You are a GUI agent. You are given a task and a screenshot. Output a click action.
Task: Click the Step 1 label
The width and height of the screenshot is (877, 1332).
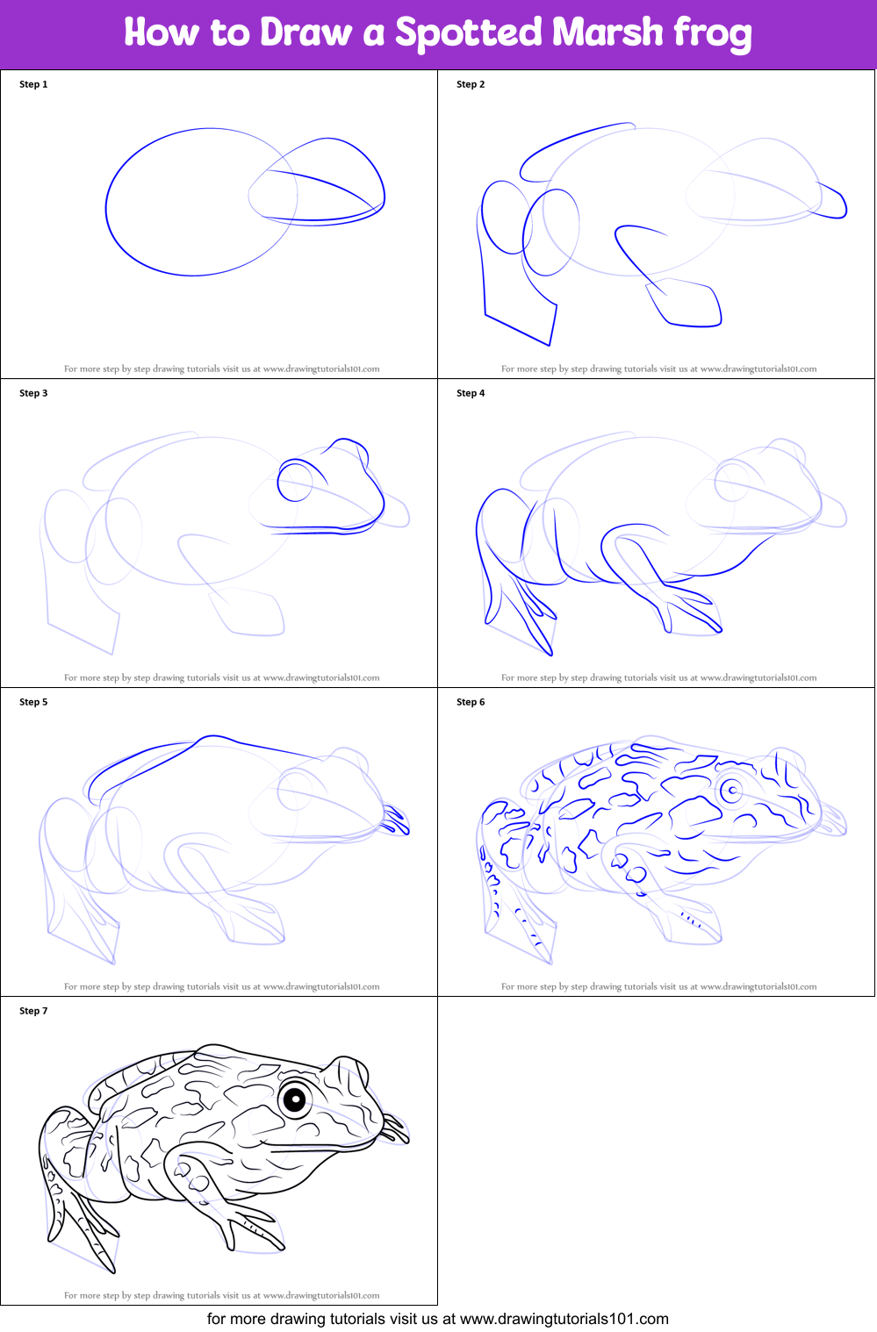click(x=33, y=84)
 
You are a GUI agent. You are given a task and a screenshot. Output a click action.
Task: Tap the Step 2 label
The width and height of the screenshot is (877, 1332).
click(x=471, y=84)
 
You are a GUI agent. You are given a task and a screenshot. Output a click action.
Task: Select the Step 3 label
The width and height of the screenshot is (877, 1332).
click(x=33, y=393)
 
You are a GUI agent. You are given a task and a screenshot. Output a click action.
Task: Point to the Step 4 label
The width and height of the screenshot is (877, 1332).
click(x=471, y=393)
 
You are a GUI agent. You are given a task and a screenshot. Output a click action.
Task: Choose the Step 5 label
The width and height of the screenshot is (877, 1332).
click(x=33, y=702)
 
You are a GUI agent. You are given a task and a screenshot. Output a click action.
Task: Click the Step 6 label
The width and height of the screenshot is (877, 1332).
click(x=471, y=702)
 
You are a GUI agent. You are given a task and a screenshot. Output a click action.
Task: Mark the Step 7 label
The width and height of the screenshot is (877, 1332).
click(x=33, y=1011)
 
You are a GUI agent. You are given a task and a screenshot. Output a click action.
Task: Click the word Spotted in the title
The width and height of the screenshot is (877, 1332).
click(x=468, y=33)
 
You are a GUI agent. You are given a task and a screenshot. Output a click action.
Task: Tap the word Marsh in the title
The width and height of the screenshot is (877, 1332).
click(x=607, y=33)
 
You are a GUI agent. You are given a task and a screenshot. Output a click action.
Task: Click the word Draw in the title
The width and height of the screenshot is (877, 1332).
click(x=306, y=33)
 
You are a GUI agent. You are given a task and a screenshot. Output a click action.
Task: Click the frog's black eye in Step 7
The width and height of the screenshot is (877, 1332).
click(x=296, y=1099)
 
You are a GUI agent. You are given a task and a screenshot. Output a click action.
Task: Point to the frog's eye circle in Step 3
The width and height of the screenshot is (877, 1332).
click(x=296, y=481)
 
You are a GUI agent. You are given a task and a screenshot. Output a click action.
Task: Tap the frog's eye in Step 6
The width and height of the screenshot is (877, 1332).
click(x=732, y=791)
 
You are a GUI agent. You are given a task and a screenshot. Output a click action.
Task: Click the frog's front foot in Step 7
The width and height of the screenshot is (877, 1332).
click(x=255, y=1225)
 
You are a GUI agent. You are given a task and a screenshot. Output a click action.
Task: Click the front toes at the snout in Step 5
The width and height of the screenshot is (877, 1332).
click(x=396, y=820)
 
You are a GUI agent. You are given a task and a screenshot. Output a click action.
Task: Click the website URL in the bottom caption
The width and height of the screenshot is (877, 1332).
click(x=564, y=1319)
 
